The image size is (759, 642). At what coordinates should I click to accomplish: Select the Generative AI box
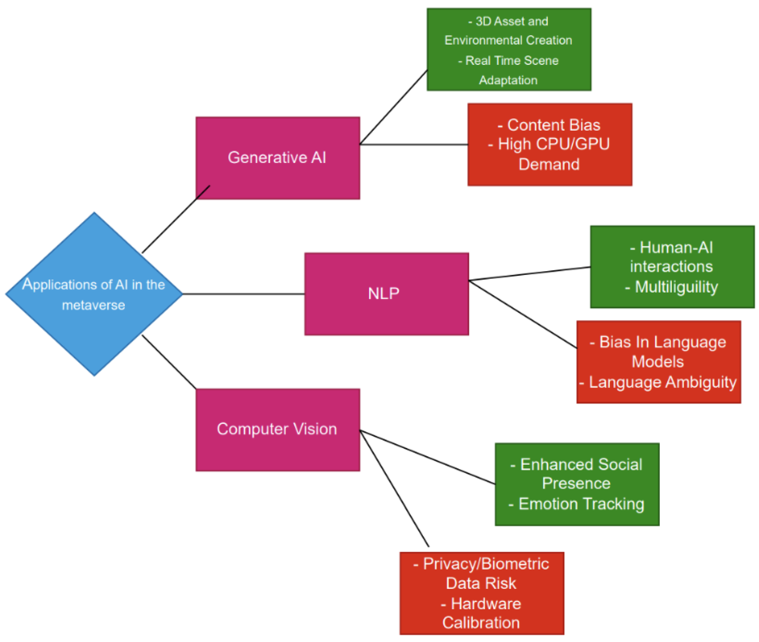tap(277, 158)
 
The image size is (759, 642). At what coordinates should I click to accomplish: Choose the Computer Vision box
tap(277, 429)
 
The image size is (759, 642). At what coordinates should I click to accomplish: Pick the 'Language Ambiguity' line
tap(662, 382)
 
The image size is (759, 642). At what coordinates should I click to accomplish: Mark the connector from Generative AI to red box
tap(413, 145)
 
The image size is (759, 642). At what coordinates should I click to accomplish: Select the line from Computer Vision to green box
tap(427, 457)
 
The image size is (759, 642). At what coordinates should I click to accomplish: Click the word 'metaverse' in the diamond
tap(94, 305)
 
